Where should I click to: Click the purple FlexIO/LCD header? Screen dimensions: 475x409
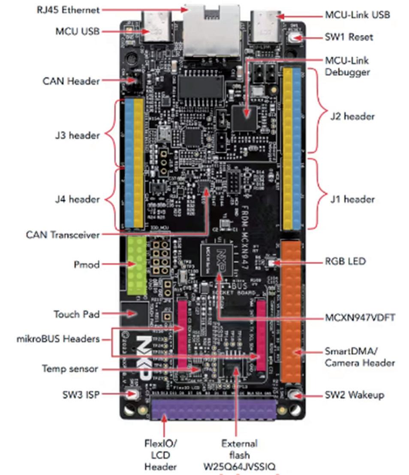pos(213,409)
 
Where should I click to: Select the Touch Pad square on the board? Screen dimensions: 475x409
pos(135,314)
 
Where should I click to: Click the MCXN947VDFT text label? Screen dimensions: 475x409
pos(360,318)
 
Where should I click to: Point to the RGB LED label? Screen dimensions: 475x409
pos(345,261)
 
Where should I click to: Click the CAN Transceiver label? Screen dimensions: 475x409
pos(63,234)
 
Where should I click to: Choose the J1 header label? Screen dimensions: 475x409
pos(352,199)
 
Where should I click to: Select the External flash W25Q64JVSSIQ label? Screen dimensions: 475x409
pos(240,455)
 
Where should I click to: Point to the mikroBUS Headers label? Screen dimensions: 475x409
pos(58,339)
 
